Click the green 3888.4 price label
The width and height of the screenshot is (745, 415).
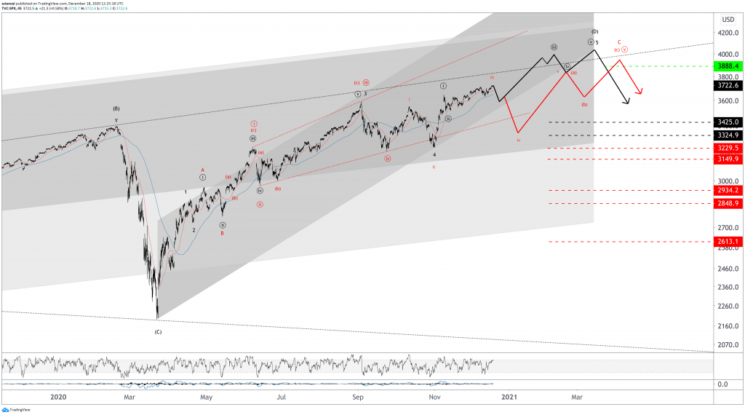pyautogui.click(x=727, y=66)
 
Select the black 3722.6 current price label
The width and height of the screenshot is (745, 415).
pyautogui.click(x=727, y=85)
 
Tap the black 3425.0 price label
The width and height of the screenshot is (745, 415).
pyautogui.click(x=727, y=122)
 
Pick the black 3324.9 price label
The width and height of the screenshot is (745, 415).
pyautogui.click(x=727, y=135)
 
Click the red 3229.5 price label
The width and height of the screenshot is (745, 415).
pyautogui.click(x=727, y=148)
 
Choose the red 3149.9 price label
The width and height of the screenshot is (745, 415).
pyautogui.click(x=727, y=159)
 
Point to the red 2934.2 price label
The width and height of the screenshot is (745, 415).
pyautogui.click(x=727, y=190)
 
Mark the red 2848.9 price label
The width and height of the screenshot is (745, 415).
pyautogui.click(x=727, y=203)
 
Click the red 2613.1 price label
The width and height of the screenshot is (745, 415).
pyautogui.click(x=727, y=242)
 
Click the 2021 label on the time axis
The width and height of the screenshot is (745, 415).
pyautogui.click(x=509, y=397)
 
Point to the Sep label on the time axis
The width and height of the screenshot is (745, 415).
pyautogui.click(x=358, y=397)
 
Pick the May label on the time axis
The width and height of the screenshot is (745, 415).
pyautogui.click(x=207, y=397)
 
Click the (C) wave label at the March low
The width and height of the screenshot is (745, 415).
pyautogui.click(x=158, y=332)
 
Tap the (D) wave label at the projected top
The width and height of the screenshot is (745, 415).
pyautogui.click(x=594, y=31)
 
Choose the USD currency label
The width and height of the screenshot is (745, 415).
pyautogui.click(x=726, y=19)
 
